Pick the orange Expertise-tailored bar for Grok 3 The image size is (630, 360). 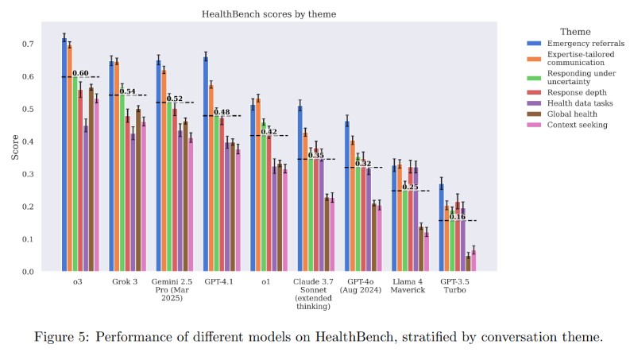117,166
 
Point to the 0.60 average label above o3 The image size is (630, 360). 80,74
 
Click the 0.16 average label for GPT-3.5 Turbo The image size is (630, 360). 458,217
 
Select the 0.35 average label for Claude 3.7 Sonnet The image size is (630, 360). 316,155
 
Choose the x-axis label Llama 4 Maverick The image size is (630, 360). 408,285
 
